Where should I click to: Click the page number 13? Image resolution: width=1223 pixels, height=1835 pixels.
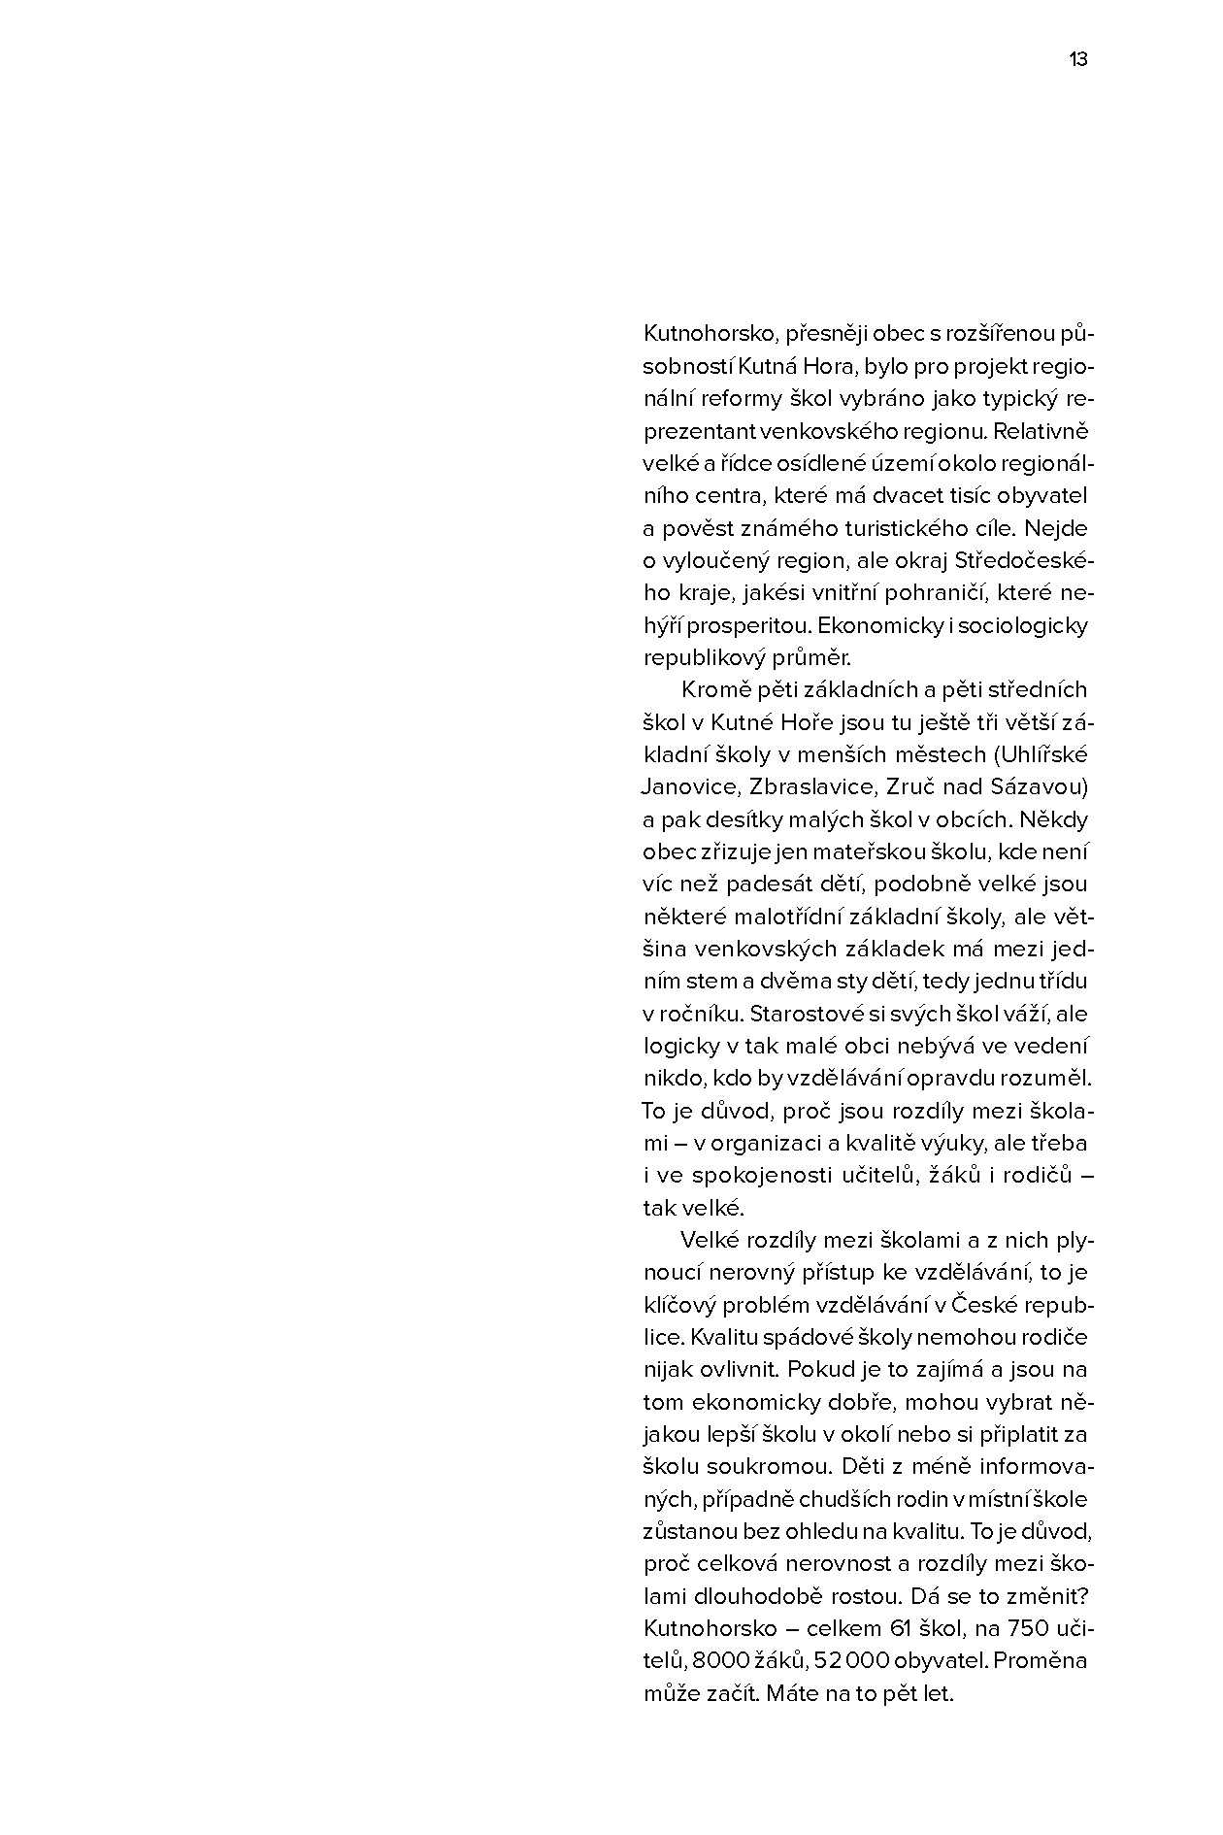pos(1078,59)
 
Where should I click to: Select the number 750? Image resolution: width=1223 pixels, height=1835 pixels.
pos(1032,1628)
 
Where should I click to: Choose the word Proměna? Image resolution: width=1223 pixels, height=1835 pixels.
pos(1041,1661)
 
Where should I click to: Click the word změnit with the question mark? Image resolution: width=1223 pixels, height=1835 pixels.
pos(1052,1596)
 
